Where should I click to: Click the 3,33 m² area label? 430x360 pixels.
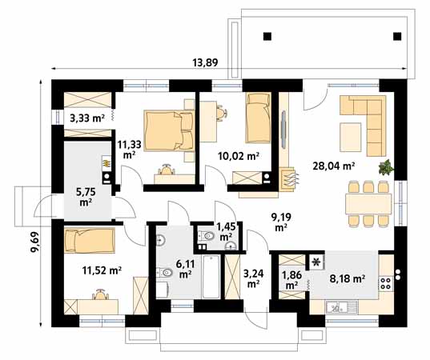[87, 118]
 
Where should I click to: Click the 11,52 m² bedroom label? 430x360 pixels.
[101, 271]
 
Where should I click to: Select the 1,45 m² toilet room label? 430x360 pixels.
[226, 232]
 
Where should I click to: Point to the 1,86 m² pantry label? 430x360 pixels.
[292, 280]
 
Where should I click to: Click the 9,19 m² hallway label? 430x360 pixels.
[281, 221]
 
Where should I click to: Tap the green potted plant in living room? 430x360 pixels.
[386, 167]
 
